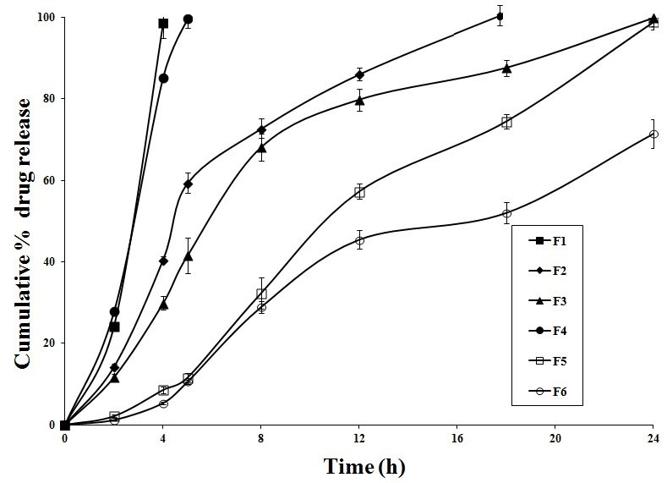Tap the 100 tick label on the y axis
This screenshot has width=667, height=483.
46,18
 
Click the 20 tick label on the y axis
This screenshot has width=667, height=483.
49,343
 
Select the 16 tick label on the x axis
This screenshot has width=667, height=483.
457,439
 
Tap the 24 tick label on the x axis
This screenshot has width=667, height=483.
653,439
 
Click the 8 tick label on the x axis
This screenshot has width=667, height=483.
261,439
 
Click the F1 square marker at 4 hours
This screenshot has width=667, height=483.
163,24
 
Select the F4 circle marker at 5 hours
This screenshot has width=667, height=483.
188,19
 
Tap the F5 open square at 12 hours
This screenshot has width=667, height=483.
359,192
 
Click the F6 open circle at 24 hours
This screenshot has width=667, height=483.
653,134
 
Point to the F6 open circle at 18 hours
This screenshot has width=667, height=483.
506,213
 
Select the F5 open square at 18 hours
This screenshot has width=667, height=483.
506,123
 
